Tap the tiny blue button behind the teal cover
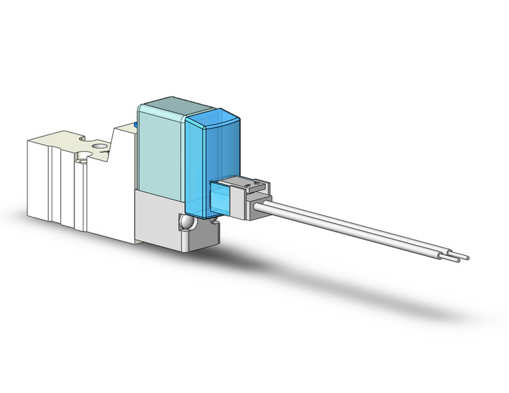(137, 124)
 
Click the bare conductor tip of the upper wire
(466, 257)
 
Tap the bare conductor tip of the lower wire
(457, 261)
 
